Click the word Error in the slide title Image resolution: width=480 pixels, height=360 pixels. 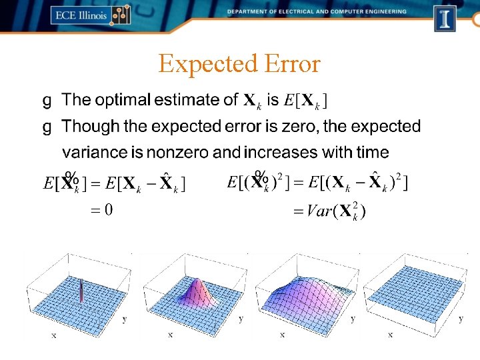point(291,65)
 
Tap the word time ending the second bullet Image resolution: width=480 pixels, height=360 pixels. point(372,153)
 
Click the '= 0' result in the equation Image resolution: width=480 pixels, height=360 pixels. point(101,211)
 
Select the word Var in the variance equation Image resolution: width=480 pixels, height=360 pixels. point(319,211)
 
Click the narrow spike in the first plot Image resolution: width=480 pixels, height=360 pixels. point(81,292)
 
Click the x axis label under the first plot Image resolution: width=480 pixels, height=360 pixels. point(54,335)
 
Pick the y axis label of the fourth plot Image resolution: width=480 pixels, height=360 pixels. point(461,319)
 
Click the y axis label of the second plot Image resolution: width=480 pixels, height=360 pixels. point(241,319)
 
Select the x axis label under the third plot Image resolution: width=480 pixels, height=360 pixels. point(282,335)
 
